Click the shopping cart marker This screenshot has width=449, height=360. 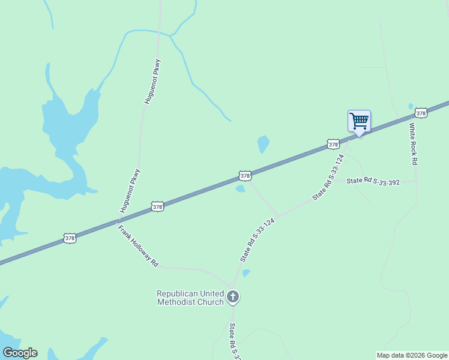[x=359, y=121]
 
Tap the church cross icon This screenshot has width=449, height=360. [x=233, y=296]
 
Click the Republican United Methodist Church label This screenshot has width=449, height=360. [x=190, y=298]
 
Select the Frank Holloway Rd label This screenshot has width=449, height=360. [x=137, y=246]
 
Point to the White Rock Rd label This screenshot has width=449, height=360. [x=413, y=144]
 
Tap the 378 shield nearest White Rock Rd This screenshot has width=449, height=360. [x=421, y=113]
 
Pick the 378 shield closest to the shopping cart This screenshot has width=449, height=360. [x=334, y=144]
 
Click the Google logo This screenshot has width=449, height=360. [x=20, y=353]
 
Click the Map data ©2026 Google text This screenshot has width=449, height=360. [x=412, y=355]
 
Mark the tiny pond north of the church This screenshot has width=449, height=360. [x=246, y=273]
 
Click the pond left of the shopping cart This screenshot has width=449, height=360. [x=263, y=144]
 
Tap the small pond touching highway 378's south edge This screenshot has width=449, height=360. [x=240, y=188]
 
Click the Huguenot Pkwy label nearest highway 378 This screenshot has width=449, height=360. [x=130, y=191]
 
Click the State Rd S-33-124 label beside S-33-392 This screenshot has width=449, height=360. [x=328, y=177]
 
